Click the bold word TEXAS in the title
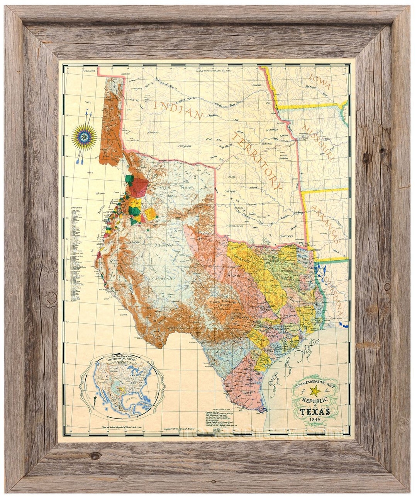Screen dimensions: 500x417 315,411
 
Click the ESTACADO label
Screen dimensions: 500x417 163,278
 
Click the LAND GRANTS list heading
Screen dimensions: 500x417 76,208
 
